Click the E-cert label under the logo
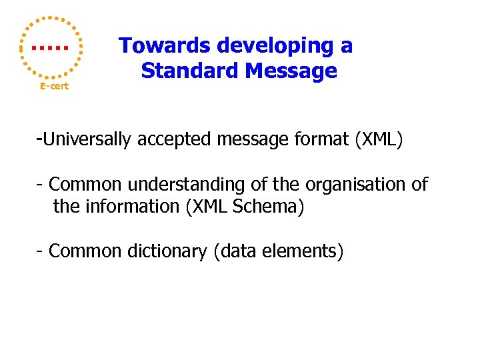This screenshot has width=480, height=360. point(54,87)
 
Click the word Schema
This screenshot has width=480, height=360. point(274,207)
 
